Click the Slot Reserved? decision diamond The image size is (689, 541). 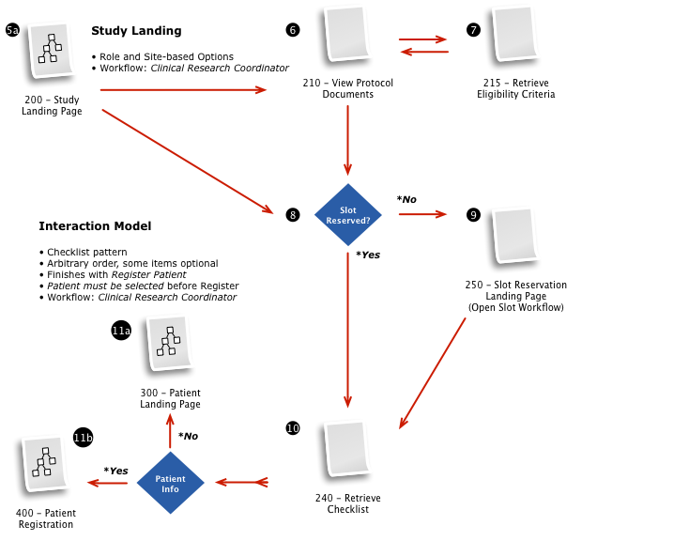pyautogui.click(x=348, y=216)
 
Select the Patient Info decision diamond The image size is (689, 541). pyautogui.click(x=170, y=484)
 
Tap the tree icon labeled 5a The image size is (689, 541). pyautogui.click(x=51, y=49)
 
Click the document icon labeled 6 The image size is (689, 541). pyautogui.click(x=347, y=32)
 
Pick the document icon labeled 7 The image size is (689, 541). pyautogui.click(x=515, y=32)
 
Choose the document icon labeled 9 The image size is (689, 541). pyautogui.click(x=515, y=234)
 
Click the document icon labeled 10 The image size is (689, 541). pyautogui.click(x=347, y=447)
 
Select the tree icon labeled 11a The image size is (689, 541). pyautogui.click(x=169, y=341)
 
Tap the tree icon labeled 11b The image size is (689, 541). pyautogui.click(x=45, y=462)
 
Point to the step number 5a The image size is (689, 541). pyautogui.click(x=12, y=31)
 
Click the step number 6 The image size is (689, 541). pyautogui.click(x=292, y=31)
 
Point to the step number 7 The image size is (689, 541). pyautogui.click(x=473, y=31)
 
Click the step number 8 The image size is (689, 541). pyautogui.click(x=292, y=216)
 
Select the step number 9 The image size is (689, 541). pyautogui.click(x=473, y=216)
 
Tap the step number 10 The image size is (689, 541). pyautogui.click(x=293, y=429)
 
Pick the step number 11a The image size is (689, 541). pyautogui.click(x=121, y=332)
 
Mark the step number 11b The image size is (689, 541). pyautogui.click(x=84, y=439)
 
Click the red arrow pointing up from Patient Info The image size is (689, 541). pyautogui.click(x=170, y=432)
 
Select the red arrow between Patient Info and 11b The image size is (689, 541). pyautogui.click(x=113, y=483)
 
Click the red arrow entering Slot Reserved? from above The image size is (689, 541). pyautogui.click(x=347, y=141)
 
